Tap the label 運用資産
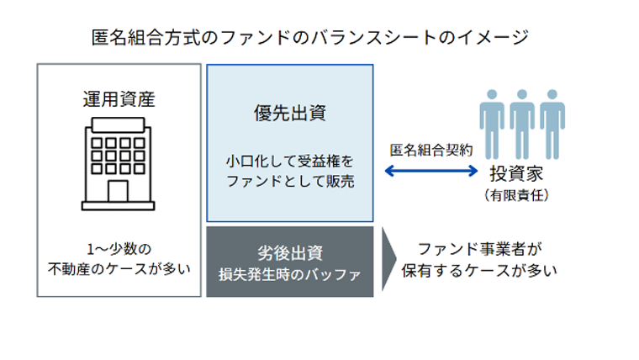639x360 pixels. (119, 100)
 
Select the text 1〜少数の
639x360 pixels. (119, 250)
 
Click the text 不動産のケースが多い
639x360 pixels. (119, 270)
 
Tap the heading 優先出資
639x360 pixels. (290, 111)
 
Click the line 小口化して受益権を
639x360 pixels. (290, 159)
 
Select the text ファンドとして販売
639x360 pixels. (290, 180)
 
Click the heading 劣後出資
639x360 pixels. (289, 251)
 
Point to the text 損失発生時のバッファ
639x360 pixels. (289, 273)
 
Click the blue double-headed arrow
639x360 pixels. (430, 172)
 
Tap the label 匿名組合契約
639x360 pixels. (430, 151)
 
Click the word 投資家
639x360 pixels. (522, 174)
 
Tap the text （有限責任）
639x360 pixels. (522, 195)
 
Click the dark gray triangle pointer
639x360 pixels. (389, 260)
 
